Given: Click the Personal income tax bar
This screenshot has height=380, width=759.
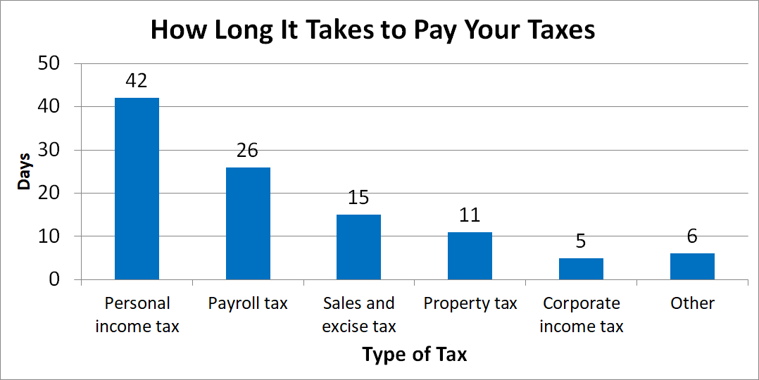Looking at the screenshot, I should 137,189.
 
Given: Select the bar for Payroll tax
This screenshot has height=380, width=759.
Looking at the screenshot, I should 248,223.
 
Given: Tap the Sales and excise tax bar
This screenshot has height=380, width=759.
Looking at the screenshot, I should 358,247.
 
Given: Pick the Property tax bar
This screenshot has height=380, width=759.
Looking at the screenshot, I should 470,255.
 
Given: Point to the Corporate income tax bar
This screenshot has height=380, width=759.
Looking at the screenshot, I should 581,269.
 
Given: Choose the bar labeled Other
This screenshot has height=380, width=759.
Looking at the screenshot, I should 692,267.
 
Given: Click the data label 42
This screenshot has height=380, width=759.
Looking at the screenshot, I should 137,81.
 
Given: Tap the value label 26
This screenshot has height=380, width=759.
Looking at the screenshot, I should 248,151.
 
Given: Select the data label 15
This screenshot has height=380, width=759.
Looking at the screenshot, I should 358,198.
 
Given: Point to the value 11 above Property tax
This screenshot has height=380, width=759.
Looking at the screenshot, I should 470,215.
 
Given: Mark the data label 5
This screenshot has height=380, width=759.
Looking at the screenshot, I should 581,241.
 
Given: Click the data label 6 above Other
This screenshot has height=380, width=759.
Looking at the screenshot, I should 692,237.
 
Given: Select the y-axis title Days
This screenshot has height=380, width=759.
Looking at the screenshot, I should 25,172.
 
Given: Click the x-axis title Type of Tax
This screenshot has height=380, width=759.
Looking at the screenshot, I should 414,354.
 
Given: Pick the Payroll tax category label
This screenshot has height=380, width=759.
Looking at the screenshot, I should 248,303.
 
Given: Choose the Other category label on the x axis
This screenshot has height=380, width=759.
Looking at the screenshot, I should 692,303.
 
